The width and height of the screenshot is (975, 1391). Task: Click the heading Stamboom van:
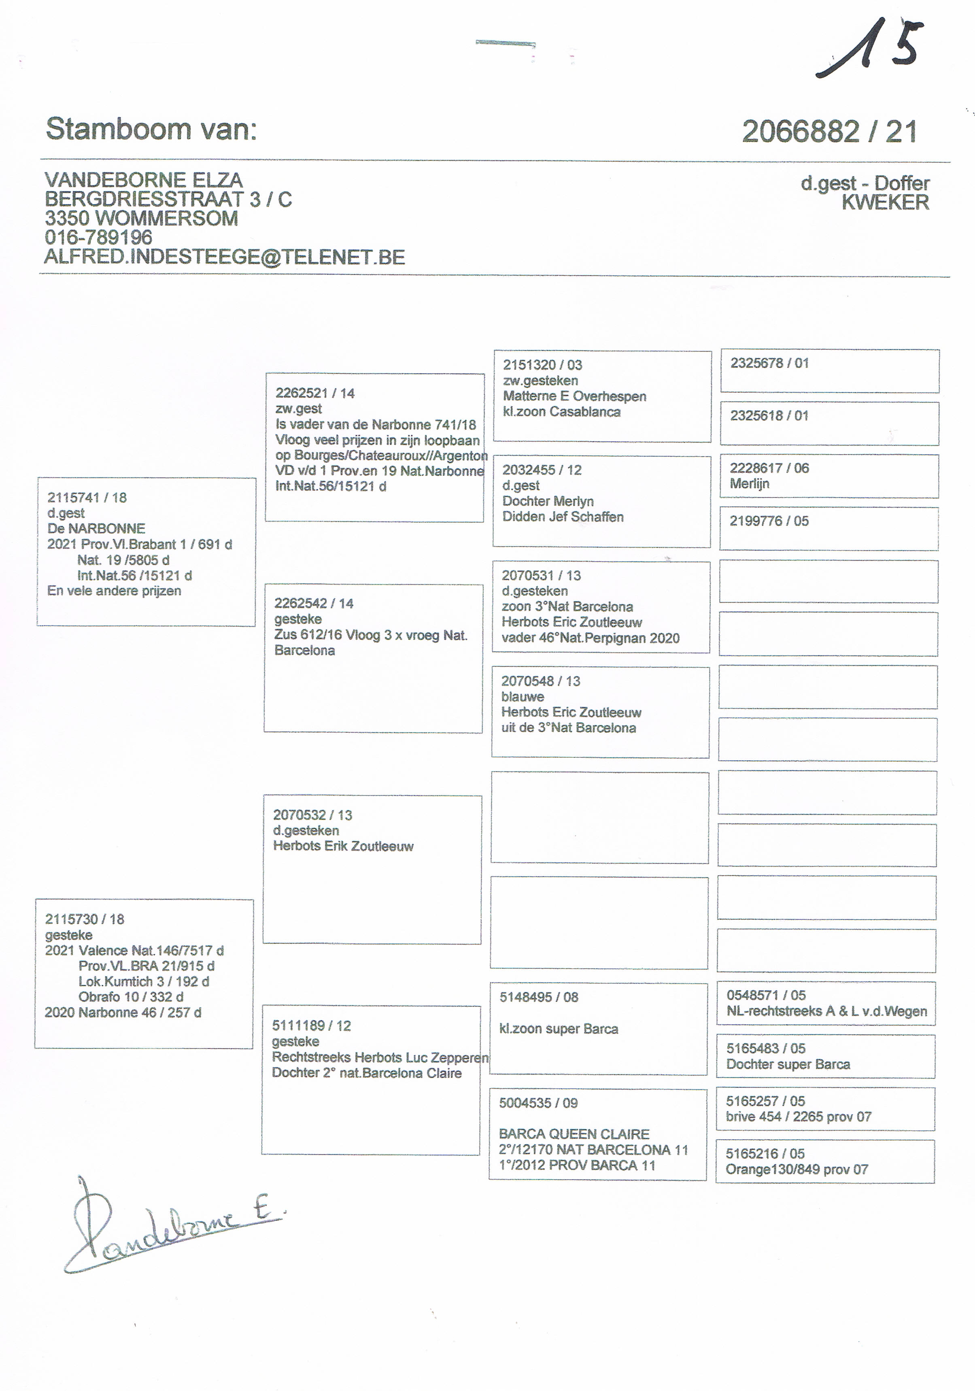(x=151, y=129)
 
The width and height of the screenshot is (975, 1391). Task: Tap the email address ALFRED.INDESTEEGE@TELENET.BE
(x=224, y=257)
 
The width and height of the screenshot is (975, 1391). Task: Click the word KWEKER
(x=885, y=202)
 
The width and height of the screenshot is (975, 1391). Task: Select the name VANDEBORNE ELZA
(x=144, y=180)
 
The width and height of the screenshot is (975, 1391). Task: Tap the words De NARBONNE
(x=96, y=528)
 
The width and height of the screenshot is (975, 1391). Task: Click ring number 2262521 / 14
(x=314, y=393)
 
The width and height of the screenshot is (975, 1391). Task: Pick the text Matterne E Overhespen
(x=574, y=396)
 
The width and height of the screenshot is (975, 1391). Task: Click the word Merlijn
(x=749, y=483)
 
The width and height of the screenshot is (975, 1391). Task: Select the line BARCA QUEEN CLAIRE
(x=574, y=1134)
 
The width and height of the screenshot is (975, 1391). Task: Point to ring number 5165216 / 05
(x=765, y=1153)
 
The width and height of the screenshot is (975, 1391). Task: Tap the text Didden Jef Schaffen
(x=563, y=517)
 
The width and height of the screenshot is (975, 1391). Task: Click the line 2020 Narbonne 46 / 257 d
(x=123, y=1012)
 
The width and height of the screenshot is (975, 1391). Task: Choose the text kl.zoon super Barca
(x=559, y=1029)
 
